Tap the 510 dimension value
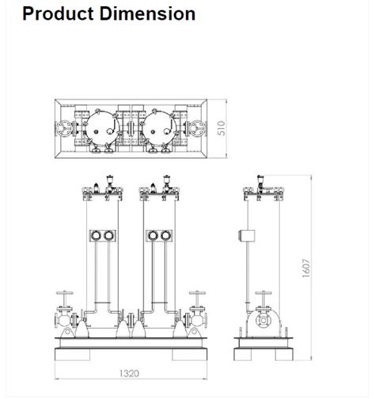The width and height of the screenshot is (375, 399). [x=222, y=128]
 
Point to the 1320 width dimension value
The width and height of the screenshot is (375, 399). [x=131, y=372]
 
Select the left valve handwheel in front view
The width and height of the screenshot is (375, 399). [x=66, y=295]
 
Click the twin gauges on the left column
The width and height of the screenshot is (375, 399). [x=103, y=235]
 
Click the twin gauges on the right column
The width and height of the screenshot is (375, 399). [x=159, y=235]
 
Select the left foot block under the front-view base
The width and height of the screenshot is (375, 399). [x=71, y=355]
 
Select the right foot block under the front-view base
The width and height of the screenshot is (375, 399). [x=189, y=355]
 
